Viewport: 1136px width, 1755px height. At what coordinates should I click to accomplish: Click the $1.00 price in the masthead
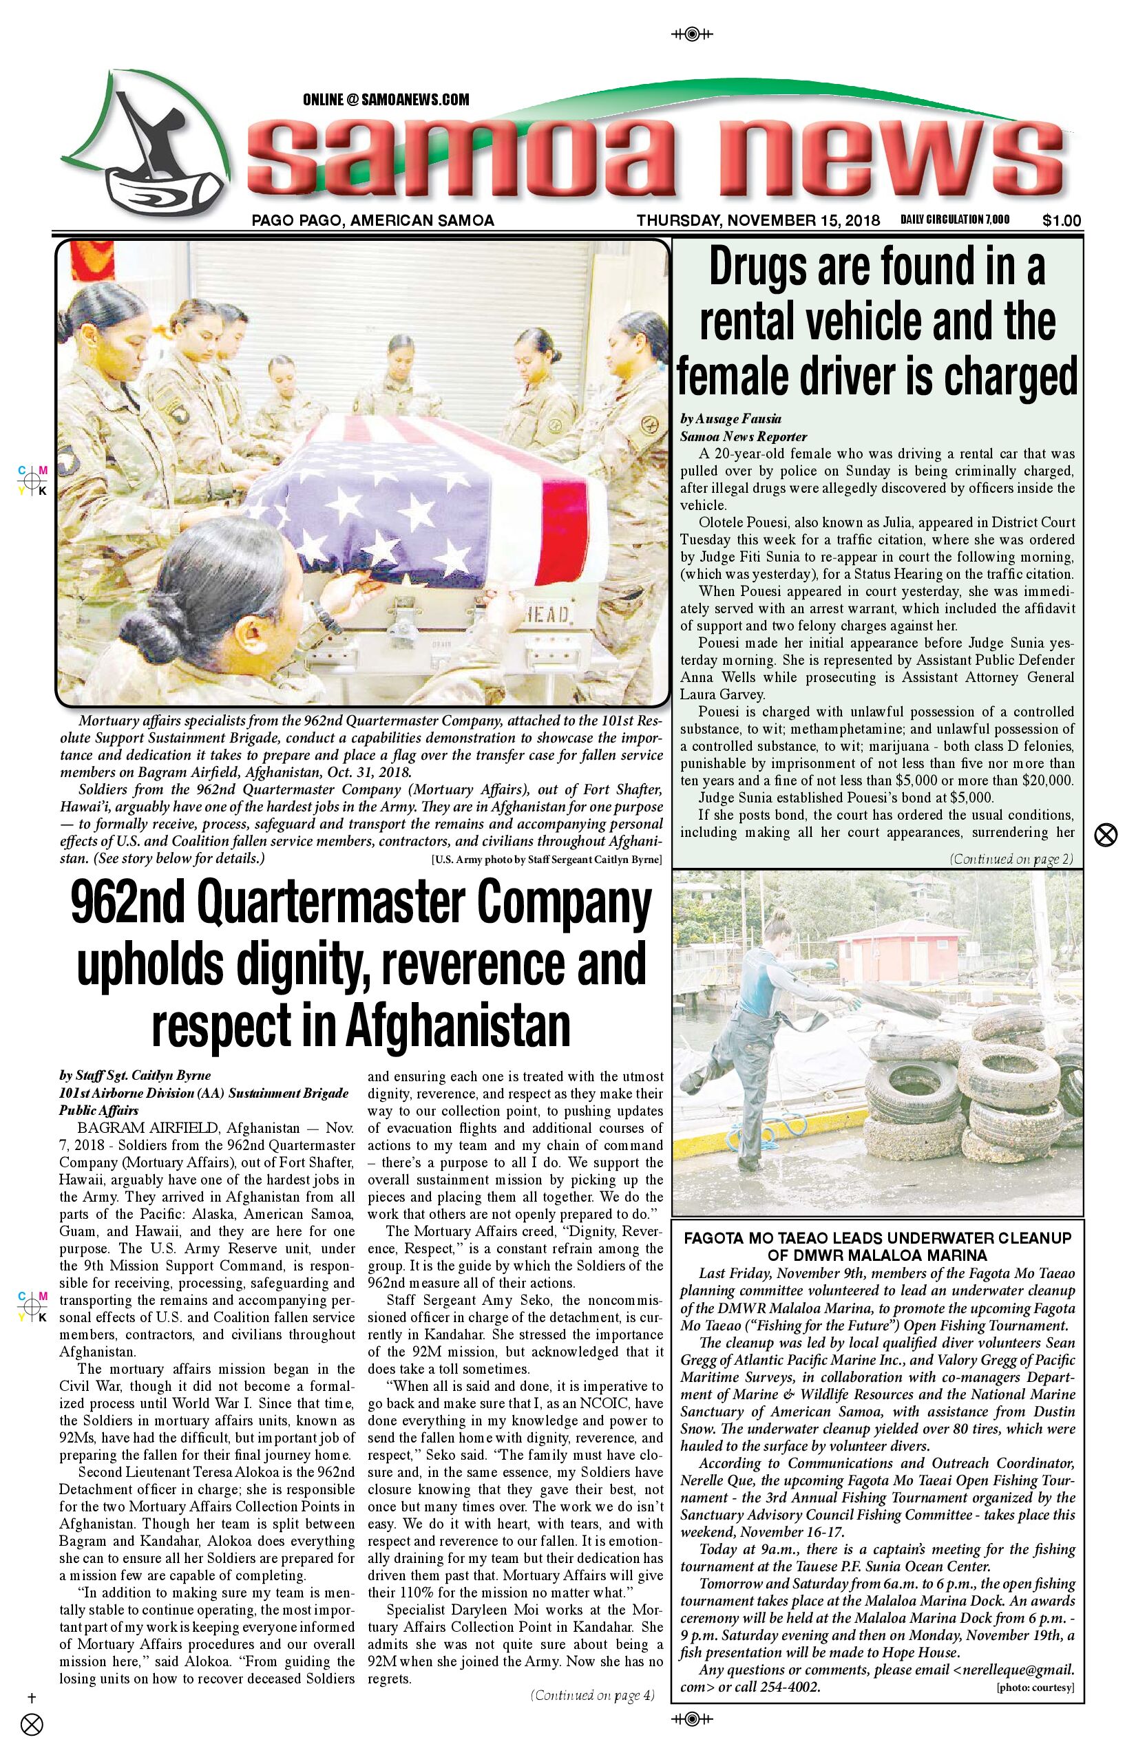[x=1062, y=220]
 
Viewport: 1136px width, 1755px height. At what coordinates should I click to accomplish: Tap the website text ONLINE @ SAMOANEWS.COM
[x=386, y=100]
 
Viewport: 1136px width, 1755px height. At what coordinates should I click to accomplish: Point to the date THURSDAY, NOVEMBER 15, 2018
[x=758, y=220]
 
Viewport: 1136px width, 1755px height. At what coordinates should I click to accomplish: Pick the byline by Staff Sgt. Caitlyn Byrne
[x=135, y=1075]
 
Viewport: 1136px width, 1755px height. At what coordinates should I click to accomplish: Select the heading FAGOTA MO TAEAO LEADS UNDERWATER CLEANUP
[x=877, y=1238]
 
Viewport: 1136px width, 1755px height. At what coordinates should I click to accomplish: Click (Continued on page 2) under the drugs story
[x=1011, y=858]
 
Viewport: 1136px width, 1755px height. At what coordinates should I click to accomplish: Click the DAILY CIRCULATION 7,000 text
[x=954, y=219]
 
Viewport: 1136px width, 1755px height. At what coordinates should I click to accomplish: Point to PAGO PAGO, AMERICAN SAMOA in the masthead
[x=372, y=220]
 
